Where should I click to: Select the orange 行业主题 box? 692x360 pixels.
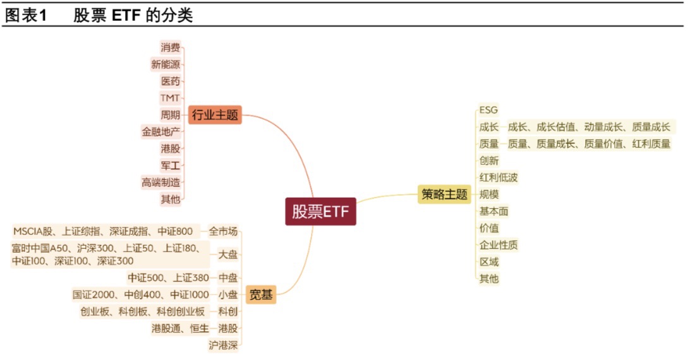pyautogui.click(x=215, y=115)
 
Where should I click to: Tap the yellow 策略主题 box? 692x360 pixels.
pyautogui.click(x=444, y=195)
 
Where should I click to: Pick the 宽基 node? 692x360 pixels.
pyautogui.click(x=260, y=294)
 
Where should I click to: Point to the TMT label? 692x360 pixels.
pyautogui.click(x=170, y=98)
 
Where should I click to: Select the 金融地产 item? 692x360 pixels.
pyautogui.click(x=161, y=132)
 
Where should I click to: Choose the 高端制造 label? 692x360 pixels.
pyautogui.click(x=161, y=183)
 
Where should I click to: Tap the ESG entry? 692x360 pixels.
pyautogui.click(x=489, y=110)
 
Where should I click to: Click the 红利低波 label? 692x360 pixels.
pyautogui.click(x=498, y=177)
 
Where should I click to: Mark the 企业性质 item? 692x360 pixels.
pyautogui.click(x=498, y=245)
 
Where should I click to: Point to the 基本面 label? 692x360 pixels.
pyautogui.click(x=494, y=211)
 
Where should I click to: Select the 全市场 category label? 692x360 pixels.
pyautogui.click(x=223, y=231)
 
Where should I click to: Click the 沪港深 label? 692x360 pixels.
pyautogui.click(x=223, y=345)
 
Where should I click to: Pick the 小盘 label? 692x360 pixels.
pyautogui.click(x=228, y=294)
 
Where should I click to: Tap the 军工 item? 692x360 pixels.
pyautogui.click(x=170, y=165)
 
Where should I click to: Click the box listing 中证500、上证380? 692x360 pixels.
pyautogui.click(x=168, y=277)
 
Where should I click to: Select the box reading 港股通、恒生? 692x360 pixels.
pyautogui.click(x=181, y=328)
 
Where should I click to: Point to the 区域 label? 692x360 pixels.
pyautogui.click(x=489, y=261)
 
